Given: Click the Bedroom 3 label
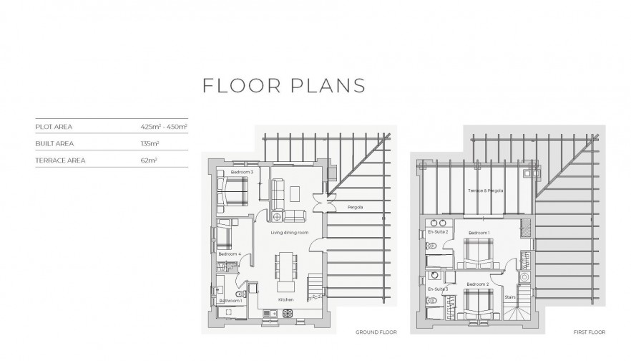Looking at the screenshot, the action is [242, 172].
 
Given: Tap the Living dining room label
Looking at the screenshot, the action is [289, 233].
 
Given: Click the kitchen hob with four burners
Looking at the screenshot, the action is [288, 313].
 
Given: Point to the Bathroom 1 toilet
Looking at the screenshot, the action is [240, 294].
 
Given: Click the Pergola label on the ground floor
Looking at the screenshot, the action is [356, 207].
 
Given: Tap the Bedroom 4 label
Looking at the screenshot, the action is [230, 254].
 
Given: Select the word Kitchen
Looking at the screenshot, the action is [285, 299].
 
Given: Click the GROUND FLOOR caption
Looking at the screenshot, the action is [376, 332].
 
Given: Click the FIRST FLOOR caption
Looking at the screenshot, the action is [590, 332].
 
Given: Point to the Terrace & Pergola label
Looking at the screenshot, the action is [485, 191].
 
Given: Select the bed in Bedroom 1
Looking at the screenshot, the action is [479, 253].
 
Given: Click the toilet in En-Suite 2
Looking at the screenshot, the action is [431, 246].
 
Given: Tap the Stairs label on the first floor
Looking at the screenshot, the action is [510, 297].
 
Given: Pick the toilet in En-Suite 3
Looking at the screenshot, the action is [431, 300].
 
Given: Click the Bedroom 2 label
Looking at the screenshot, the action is [478, 284].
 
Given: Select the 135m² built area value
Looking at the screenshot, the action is [150, 143].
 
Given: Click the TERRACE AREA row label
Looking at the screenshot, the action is [60, 160].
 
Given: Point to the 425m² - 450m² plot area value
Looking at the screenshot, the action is [164, 127].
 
